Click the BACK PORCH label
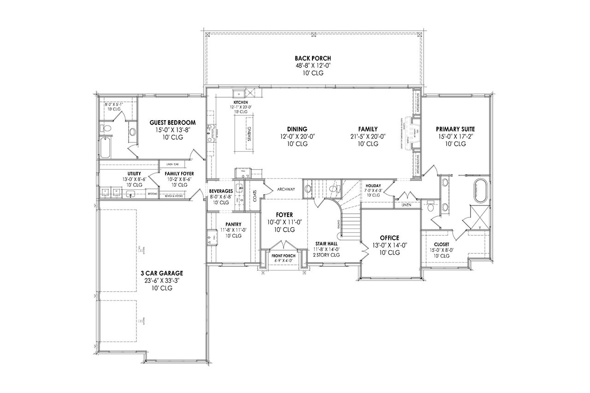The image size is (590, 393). click(313, 59)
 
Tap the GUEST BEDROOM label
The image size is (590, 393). click(173, 123)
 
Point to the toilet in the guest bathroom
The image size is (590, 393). click(106, 128)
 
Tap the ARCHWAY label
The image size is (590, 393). click(286, 189)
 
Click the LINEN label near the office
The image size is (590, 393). click(406, 205)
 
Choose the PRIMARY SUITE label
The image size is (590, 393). click(455, 129)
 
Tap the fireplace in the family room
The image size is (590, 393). click(416, 134)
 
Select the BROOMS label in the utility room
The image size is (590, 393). click(153, 194)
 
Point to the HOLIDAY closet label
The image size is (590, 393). click(373, 185)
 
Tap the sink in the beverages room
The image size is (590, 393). click(240, 188)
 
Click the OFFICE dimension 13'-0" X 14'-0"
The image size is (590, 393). click(390, 245)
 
